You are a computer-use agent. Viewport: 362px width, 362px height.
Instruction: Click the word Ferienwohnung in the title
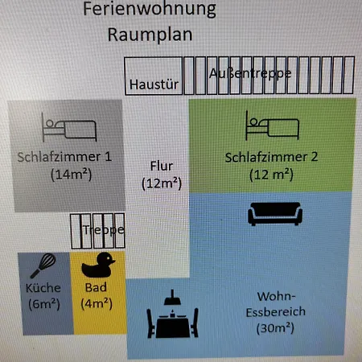(150, 10)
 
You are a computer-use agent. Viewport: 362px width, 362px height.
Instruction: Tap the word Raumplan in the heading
(150, 35)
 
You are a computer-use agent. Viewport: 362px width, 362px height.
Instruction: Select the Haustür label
(154, 84)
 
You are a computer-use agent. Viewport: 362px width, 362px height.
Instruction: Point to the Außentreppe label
(250, 73)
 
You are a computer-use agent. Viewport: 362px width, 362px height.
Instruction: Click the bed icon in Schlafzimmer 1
(69, 127)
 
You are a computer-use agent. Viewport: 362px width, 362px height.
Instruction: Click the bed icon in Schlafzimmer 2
(273, 125)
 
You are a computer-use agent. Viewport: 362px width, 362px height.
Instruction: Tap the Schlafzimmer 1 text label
(64, 157)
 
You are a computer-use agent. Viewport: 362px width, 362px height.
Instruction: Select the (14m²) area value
(72, 175)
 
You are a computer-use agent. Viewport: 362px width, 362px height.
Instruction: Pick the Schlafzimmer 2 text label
(271, 157)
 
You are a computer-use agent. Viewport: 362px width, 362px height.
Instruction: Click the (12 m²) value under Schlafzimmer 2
(271, 175)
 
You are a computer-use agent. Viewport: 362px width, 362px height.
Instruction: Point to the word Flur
(162, 166)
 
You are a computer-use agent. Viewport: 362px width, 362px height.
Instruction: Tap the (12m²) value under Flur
(162, 183)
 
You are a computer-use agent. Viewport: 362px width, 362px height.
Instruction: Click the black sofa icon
(275, 214)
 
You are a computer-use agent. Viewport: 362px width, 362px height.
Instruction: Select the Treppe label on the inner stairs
(104, 230)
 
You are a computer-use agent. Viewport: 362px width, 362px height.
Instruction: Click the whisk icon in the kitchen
(43, 265)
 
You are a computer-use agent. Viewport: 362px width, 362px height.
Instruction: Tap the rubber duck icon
(98, 265)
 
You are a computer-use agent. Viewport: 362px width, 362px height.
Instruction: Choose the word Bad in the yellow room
(96, 287)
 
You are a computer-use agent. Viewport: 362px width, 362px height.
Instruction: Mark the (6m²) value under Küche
(44, 304)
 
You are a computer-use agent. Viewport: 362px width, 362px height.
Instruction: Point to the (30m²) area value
(275, 328)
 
